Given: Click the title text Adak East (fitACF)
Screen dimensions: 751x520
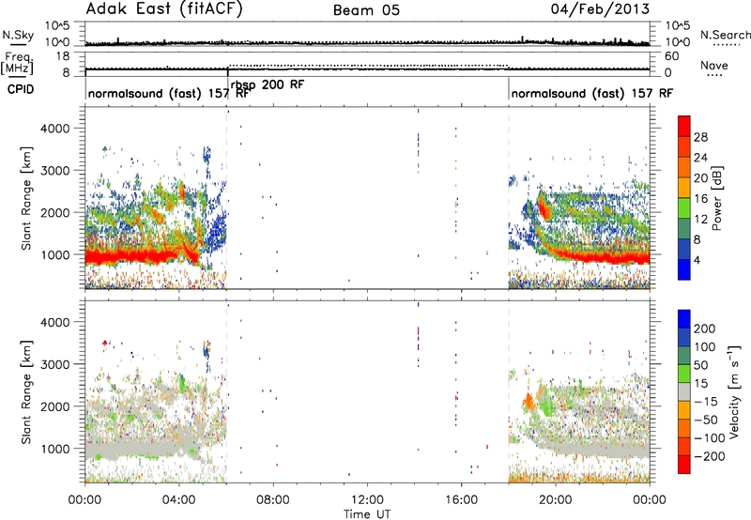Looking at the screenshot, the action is [164, 9].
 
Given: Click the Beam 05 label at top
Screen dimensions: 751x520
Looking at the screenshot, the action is [366, 10].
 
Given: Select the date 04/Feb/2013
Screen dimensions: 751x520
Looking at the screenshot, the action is [600, 9].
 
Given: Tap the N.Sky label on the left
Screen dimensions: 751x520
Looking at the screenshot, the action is [18, 35].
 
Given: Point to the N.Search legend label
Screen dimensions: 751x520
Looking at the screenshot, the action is [725, 35].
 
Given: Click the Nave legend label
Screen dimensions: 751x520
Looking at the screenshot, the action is [713, 65].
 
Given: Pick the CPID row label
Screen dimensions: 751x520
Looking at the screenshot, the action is [21, 89].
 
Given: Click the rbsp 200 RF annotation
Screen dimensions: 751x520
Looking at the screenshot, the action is [268, 85].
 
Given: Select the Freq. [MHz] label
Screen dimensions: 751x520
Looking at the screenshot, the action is [17, 63].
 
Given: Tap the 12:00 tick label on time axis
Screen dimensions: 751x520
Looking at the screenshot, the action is [367, 500].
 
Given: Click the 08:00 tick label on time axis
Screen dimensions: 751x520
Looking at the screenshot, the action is [272, 500].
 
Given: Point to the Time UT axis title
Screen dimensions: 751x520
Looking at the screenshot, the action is [367, 514].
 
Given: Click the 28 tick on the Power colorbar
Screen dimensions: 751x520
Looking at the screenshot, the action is [700, 137].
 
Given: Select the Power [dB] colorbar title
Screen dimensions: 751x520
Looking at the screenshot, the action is [716, 198].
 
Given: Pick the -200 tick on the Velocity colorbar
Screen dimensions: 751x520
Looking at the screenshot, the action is [709, 456].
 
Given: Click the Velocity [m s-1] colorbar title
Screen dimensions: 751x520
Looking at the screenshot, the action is [734, 391].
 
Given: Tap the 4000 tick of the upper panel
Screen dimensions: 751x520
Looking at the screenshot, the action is [55, 129].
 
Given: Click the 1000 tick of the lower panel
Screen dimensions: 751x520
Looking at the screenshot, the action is [55, 449].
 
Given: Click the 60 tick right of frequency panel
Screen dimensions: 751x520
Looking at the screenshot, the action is [671, 56].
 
